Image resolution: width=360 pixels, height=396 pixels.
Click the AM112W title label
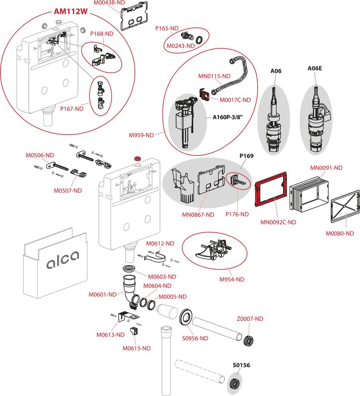70,12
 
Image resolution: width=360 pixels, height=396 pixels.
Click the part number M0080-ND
339,233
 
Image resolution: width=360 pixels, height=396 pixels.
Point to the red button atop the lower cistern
136,159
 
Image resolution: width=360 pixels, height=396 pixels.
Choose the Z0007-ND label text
250,319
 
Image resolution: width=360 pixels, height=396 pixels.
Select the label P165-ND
166,28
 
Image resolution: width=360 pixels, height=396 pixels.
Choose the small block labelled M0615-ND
134,331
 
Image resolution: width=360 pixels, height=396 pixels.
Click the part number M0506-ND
37,156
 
